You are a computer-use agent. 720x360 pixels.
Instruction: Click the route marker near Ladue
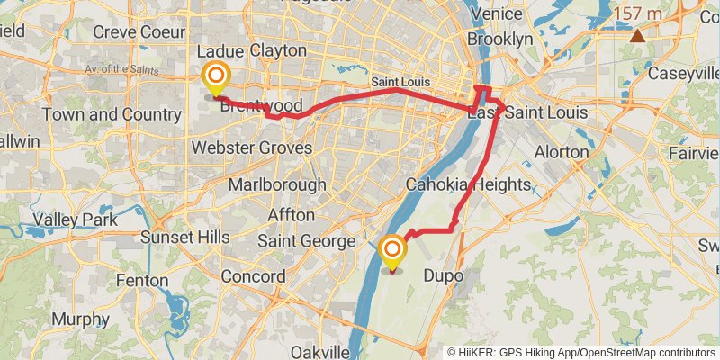216,77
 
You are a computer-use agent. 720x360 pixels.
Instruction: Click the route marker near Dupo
392,250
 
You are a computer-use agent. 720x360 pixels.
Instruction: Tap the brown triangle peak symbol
638,36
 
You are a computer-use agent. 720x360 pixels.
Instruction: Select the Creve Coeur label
132,32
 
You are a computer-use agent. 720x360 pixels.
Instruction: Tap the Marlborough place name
277,184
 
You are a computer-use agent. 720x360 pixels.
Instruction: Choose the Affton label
292,215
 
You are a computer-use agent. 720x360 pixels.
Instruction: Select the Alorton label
561,152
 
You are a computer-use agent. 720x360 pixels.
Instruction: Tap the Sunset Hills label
185,238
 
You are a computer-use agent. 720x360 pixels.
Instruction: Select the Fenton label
141,281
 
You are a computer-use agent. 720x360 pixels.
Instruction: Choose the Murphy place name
80,319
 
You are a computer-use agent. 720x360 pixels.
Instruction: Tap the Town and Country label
99,115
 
